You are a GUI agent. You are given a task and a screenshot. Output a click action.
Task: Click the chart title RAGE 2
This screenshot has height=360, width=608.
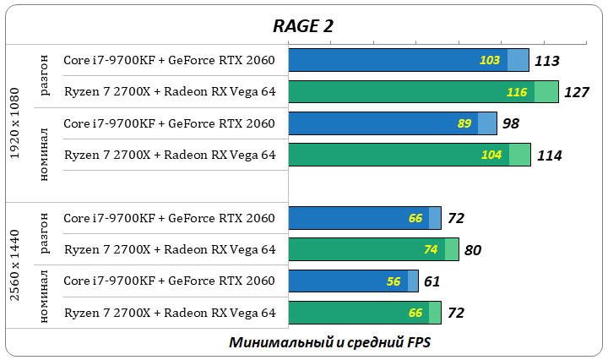pos(303,25)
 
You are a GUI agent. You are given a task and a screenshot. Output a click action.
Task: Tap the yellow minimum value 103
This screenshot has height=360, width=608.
pos(490,60)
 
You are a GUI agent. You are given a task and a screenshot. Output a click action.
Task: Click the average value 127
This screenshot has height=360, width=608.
pos(576,92)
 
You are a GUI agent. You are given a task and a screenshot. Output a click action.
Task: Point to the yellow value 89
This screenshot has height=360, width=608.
pos(464,123)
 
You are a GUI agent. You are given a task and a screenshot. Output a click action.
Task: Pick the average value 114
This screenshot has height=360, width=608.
pos(549,155)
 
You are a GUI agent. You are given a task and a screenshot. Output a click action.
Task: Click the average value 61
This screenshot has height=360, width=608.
pos(432,281)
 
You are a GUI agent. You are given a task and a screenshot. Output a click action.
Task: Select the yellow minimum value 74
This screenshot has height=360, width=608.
pos(431,249)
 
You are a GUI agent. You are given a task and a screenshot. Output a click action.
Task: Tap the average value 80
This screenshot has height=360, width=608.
pos(473,250)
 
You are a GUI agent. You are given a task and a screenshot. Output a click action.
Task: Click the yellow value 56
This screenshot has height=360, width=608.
pos(394,281)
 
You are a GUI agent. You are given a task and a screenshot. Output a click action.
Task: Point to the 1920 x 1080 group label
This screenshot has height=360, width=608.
pos(15,123)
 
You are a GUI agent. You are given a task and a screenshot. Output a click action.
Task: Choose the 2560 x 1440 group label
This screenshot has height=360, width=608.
pos(15,265)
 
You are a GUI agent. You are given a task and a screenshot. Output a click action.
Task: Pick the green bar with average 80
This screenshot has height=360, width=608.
pos(355,249)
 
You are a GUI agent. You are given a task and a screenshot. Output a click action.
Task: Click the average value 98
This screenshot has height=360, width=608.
pos(510,123)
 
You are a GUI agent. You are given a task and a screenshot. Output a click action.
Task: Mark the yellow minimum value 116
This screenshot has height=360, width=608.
pos(517,91)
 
